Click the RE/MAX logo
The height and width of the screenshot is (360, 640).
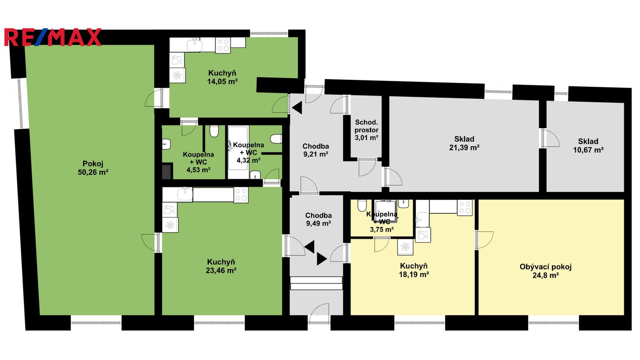pyautogui.click(x=53, y=37)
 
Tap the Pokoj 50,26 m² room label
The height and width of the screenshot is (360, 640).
pyautogui.click(x=93, y=168)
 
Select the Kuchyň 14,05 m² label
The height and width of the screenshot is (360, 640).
pyautogui.click(x=222, y=78)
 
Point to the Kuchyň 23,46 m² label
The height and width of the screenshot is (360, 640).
pyautogui.click(x=221, y=266)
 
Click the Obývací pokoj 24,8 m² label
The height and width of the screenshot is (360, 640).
pyautogui.click(x=546, y=271)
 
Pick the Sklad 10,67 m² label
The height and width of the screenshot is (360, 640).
pyautogui.click(x=588, y=146)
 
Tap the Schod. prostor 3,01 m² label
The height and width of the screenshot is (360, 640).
pyautogui.click(x=366, y=130)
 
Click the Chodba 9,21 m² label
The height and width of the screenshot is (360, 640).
pyautogui.click(x=316, y=150)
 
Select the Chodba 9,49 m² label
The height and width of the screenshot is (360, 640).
pyautogui.click(x=318, y=220)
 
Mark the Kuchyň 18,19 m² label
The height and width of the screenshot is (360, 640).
pyautogui.click(x=414, y=270)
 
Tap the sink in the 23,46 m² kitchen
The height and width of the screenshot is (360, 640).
pyautogui.click(x=185, y=194)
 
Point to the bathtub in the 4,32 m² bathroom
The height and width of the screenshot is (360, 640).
pyautogui.click(x=238, y=152)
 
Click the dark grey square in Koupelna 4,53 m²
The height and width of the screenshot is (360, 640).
pyautogui.click(x=167, y=171)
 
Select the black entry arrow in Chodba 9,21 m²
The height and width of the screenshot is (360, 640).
pyautogui.click(x=297, y=108)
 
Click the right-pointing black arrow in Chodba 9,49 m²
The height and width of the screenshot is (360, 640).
pyautogui.click(x=322, y=259)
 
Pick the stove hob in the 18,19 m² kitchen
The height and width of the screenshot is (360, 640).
pyautogui.click(x=464, y=208)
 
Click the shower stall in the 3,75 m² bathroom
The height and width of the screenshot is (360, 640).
pyautogui.click(x=386, y=211)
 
